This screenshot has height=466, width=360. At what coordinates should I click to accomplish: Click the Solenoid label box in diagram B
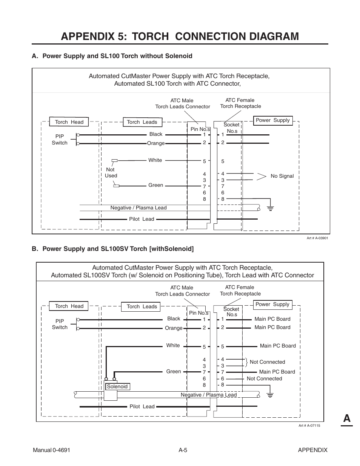117,386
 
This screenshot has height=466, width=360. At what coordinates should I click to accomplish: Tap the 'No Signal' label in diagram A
282,176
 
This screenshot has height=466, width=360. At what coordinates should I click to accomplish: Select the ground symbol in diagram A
270,207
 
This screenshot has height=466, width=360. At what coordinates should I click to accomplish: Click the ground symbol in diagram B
270,395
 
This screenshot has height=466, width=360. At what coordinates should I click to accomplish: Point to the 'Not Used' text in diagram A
111,173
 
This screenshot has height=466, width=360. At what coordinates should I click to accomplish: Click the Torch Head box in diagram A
69,122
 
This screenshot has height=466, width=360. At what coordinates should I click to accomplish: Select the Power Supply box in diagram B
272,305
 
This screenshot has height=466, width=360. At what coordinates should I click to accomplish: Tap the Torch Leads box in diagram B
142,307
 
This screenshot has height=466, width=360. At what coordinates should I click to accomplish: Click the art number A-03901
317,238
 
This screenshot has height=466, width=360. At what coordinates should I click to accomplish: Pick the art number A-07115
309,426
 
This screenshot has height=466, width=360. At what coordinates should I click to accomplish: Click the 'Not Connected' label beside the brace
267,362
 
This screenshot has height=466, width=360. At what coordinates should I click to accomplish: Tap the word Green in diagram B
174,372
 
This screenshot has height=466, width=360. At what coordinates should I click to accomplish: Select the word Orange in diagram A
156,143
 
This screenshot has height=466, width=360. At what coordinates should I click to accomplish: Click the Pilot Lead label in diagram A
142,219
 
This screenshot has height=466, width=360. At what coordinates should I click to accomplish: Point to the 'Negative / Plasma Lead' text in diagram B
208,395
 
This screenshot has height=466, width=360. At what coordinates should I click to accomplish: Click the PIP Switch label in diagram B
60,324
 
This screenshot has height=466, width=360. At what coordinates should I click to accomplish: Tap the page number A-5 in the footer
183,450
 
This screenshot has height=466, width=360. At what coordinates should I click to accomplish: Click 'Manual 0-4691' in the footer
51,450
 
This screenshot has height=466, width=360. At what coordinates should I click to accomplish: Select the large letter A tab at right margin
346,418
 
